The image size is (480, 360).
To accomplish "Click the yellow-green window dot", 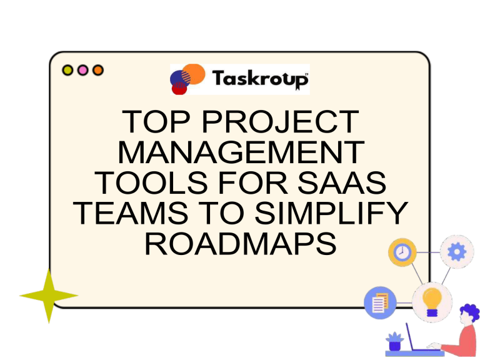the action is pyautogui.click(x=67, y=70).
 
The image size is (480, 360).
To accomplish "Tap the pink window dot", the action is pyautogui.click(x=82, y=70).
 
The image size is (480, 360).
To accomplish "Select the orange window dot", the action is pyautogui.click(x=98, y=70).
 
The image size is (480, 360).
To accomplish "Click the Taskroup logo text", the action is pyautogui.click(x=260, y=79).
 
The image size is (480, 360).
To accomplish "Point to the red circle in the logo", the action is pyautogui.click(x=179, y=88).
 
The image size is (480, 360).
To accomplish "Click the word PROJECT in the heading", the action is pyautogui.click(x=281, y=122).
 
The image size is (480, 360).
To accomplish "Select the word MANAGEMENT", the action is pyautogui.click(x=241, y=152).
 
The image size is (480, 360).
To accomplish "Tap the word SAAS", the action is pyautogui.click(x=342, y=182).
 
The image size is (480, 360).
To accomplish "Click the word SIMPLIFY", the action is pyautogui.click(x=331, y=213).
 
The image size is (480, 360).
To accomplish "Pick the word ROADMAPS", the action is pyautogui.click(x=241, y=244).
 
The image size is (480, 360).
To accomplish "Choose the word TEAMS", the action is pyautogui.click(x=131, y=213).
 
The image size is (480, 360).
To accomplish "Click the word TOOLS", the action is pyautogui.click(x=151, y=182).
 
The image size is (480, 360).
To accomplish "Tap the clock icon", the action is pyautogui.click(x=402, y=252).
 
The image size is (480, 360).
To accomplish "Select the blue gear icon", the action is pyautogui.click(x=457, y=252).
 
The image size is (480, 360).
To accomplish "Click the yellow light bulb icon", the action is pyautogui.click(x=432, y=302).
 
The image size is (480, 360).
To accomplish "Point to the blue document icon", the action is pyautogui.click(x=380, y=302).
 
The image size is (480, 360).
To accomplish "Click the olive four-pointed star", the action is pyautogui.click(x=49, y=296).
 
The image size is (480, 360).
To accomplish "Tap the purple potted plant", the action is pyautogui.click(x=394, y=342).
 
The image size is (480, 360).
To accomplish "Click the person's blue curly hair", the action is pyautogui.click(x=471, y=312).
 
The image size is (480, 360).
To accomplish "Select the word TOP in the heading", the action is pyautogui.click(x=156, y=122).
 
